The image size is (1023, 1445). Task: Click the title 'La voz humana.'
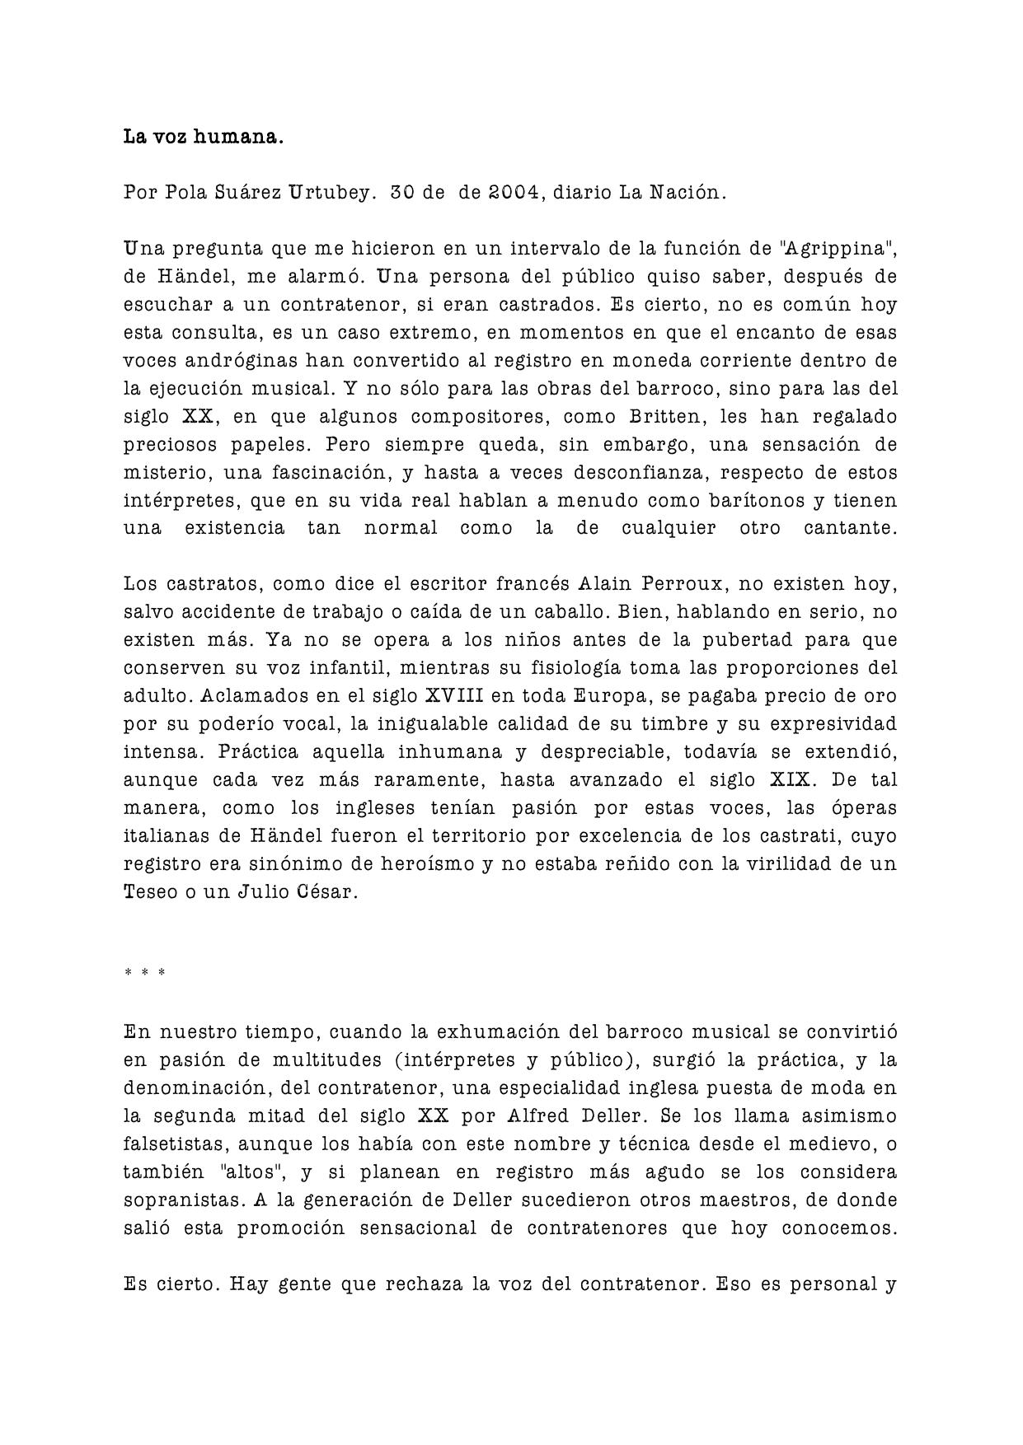click(204, 137)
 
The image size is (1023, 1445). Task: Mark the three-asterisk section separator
click(145, 973)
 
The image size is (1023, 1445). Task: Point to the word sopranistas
click(176, 1200)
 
